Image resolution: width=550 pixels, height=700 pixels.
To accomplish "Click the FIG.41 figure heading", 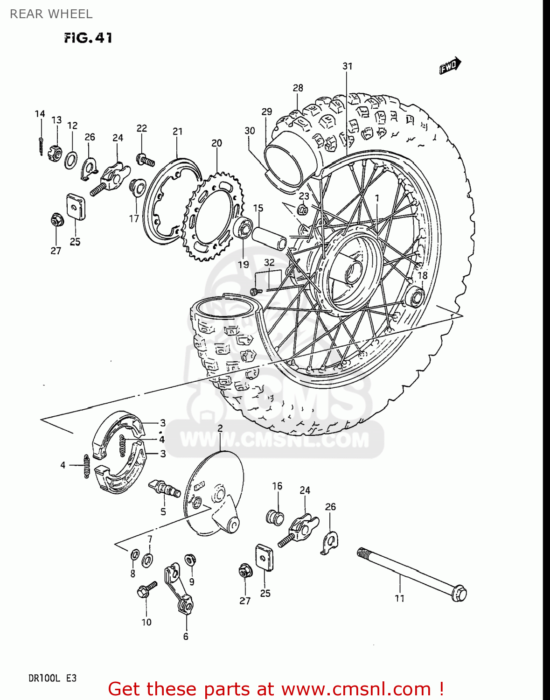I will pyautogui.click(x=88, y=38).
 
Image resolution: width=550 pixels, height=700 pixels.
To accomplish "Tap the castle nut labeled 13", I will pyautogui.click(x=56, y=153).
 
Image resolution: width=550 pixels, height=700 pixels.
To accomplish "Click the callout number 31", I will pyautogui.click(x=348, y=66).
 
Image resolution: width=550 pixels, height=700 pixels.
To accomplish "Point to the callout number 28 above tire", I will pyautogui.click(x=298, y=88).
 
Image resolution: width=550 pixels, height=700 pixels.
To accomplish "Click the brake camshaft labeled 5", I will pyautogui.click(x=164, y=489).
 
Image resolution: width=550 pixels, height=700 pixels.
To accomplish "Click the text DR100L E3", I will pyautogui.click(x=52, y=678).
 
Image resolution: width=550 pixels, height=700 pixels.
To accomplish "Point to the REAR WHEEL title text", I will pyautogui.click(x=51, y=14).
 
